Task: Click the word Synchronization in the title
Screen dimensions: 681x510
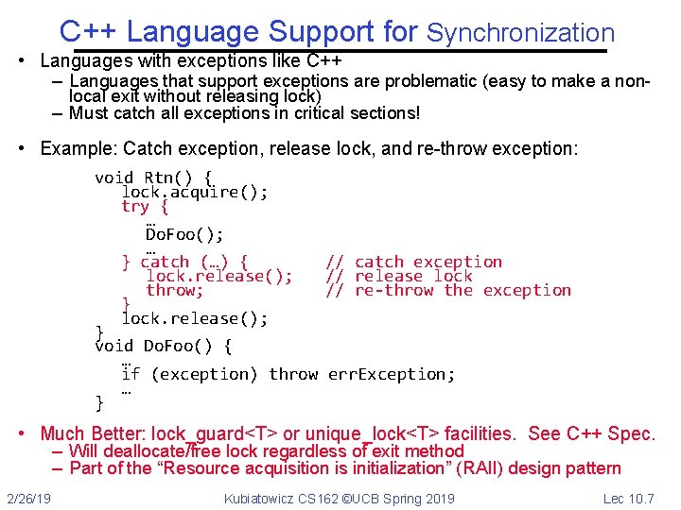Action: (520, 34)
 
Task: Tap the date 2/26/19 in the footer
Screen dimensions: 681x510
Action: (30, 498)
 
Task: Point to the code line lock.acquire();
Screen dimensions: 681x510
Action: (195, 192)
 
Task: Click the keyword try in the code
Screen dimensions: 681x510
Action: (135, 206)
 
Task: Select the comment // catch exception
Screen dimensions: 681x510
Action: (414, 262)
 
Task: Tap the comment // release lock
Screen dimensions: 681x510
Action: (399, 276)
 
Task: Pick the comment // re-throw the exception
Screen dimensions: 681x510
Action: (448, 290)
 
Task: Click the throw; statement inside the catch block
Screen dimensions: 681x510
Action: (174, 290)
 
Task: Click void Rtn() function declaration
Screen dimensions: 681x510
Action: (153, 178)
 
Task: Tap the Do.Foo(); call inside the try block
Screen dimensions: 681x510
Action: (184, 233)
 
